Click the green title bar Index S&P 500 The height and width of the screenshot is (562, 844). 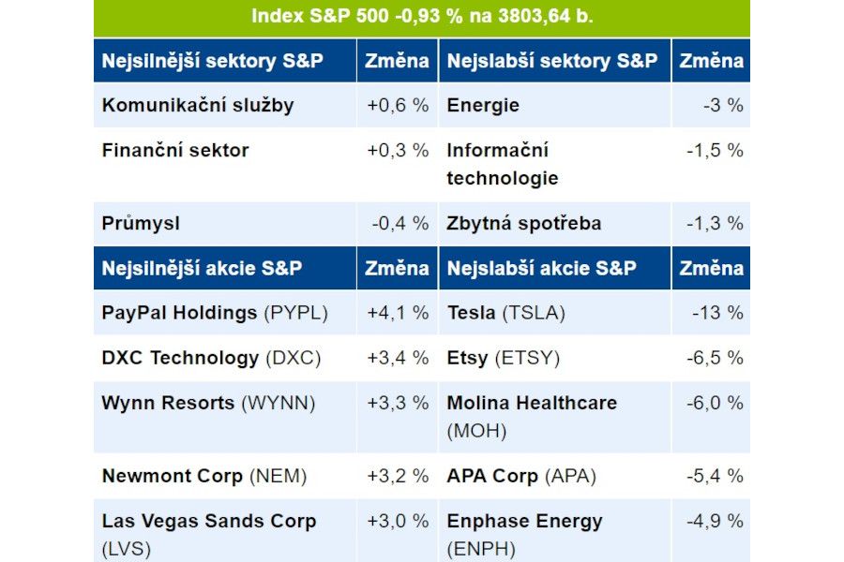(x=422, y=17)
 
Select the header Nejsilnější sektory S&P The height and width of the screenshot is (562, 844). (x=213, y=61)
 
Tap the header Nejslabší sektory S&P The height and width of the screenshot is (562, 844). (x=552, y=61)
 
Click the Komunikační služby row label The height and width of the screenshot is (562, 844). (x=198, y=105)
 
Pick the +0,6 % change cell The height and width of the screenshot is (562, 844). (x=398, y=105)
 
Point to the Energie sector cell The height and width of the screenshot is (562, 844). (x=483, y=105)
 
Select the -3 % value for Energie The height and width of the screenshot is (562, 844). (x=723, y=105)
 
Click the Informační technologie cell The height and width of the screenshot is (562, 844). (x=503, y=164)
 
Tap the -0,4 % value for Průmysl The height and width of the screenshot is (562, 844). (x=399, y=224)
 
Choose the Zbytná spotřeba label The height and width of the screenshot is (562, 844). (x=524, y=224)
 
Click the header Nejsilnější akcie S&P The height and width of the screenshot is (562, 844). (x=202, y=268)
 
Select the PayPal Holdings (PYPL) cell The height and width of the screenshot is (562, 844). (x=215, y=313)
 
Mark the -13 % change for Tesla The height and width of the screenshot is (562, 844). (x=717, y=313)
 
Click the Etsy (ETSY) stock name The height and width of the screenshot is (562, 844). (x=503, y=358)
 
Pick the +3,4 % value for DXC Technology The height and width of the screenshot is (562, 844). (x=398, y=358)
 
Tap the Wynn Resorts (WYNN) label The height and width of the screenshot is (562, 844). (x=208, y=403)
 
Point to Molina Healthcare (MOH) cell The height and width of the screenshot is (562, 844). (x=532, y=416)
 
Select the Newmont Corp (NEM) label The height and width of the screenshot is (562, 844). (x=204, y=476)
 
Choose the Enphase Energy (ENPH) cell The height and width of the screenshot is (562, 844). (x=524, y=534)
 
